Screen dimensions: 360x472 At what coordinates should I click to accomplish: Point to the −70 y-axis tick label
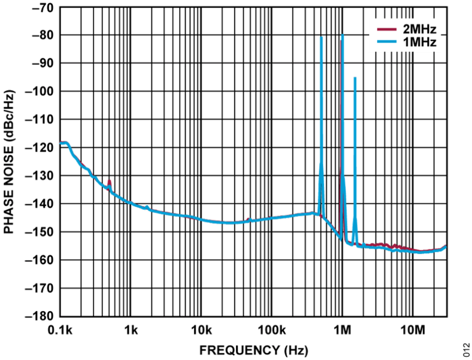tap(42, 7)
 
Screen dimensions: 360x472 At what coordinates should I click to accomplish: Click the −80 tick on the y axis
tap(42, 36)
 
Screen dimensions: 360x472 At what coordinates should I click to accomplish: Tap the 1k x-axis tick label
tap(131, 331)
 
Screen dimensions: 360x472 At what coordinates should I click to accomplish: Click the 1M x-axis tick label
tap(343, 331)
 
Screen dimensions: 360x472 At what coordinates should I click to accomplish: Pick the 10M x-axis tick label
tap(413, 331)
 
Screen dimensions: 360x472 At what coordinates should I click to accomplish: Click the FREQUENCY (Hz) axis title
tap(254, 350)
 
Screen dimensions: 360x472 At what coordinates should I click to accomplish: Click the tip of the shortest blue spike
tap(355, 77)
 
